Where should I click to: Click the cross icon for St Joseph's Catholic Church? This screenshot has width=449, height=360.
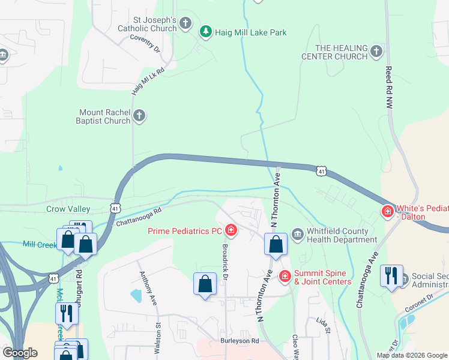185,24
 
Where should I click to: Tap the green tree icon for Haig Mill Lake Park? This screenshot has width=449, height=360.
206,32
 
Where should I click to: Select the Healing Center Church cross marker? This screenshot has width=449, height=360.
376,52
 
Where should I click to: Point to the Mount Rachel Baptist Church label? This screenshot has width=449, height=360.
105,116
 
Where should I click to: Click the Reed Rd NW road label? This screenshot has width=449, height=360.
388,84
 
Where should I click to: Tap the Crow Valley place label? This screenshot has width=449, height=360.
68,209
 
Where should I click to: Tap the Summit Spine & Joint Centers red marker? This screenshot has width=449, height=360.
285,276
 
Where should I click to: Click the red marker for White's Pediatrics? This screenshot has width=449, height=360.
388,211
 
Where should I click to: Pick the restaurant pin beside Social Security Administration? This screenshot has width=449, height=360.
391,276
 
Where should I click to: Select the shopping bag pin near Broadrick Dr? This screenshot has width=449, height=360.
205,283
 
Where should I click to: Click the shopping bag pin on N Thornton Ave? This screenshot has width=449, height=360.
276,244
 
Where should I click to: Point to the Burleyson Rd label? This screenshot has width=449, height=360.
238,340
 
